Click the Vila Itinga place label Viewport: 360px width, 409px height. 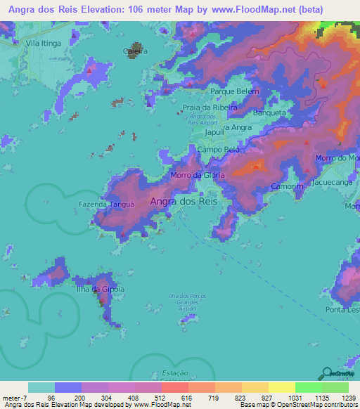point(44,43)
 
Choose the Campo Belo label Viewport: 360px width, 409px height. point(219,150)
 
